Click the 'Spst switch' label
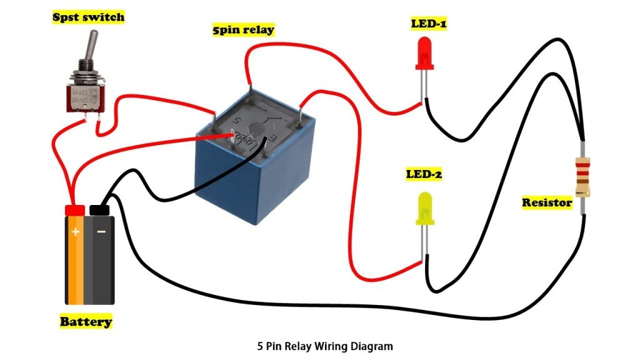click(87, 16)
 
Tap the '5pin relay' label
click(243, 29)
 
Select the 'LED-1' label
click(428, 24)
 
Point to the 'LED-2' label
click(424, 174)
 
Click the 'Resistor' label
click(547, 202)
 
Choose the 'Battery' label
click(86, 322)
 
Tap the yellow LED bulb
click(424, 208)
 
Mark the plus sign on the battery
click(76, 231)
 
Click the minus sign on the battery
click(101, 231)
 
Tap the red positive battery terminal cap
click(75, 209)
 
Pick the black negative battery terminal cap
click(100, 209)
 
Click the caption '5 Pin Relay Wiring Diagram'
click(325, 345)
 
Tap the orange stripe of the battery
click(75, 269)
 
